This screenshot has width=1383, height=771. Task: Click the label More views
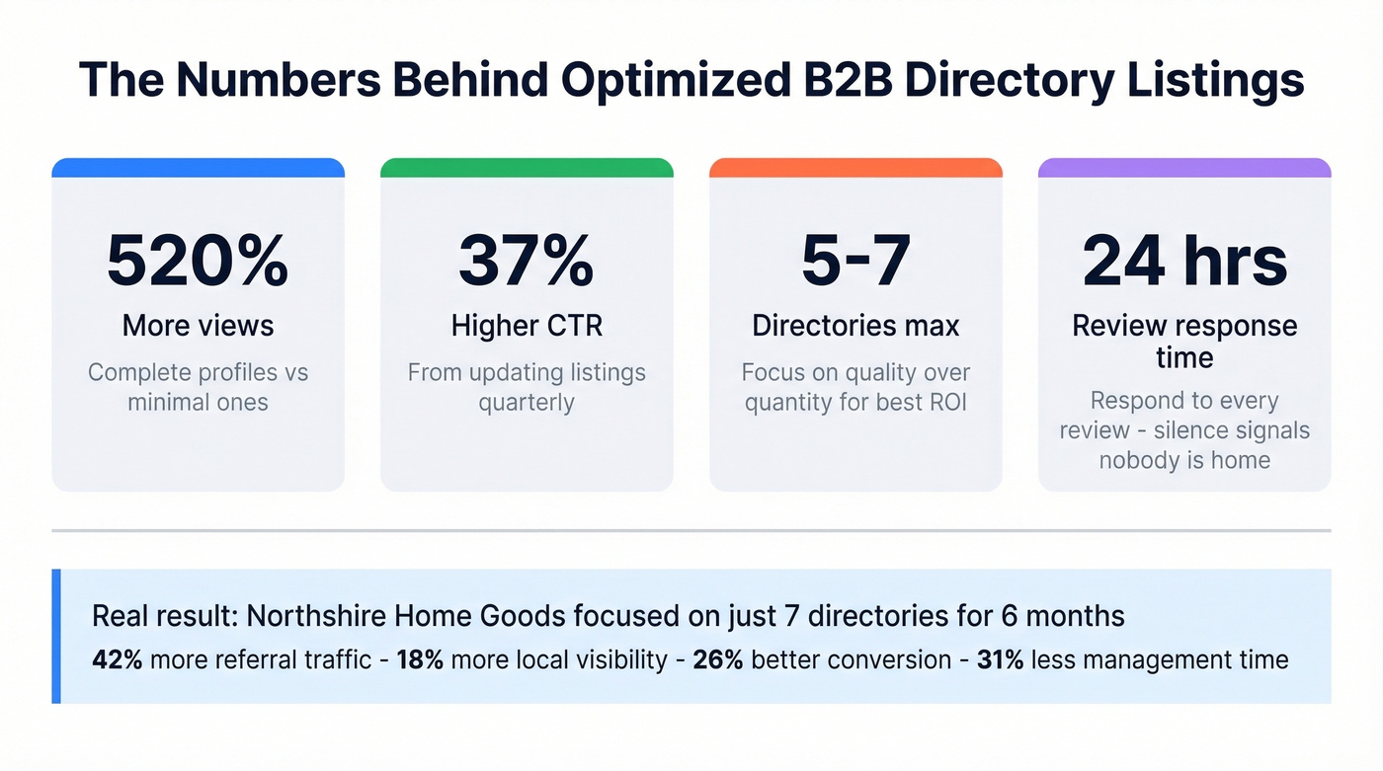198,325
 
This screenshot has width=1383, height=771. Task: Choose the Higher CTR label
526,325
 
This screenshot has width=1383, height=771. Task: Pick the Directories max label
855,325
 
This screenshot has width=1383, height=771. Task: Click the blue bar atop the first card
198,168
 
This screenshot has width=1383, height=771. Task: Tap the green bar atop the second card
527,168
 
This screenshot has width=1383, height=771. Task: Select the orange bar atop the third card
855,168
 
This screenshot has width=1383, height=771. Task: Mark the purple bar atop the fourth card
1184,168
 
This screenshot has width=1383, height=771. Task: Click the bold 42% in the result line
117,659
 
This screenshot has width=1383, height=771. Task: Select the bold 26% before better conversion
718,659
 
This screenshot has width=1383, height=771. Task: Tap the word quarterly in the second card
526,404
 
